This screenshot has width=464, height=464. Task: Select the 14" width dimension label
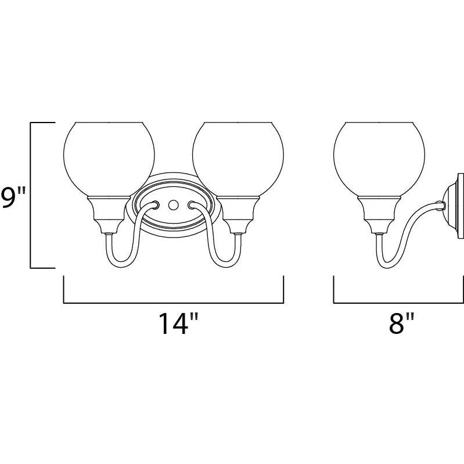click(x=178, y=323)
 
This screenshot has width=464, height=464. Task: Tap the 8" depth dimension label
click(x=401, y=323)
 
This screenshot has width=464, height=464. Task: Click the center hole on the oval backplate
click(x=173, y=205)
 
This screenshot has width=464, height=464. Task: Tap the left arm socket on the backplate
click(x=156, y=205)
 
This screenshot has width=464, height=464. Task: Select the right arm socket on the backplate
click(x=191, y=205)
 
